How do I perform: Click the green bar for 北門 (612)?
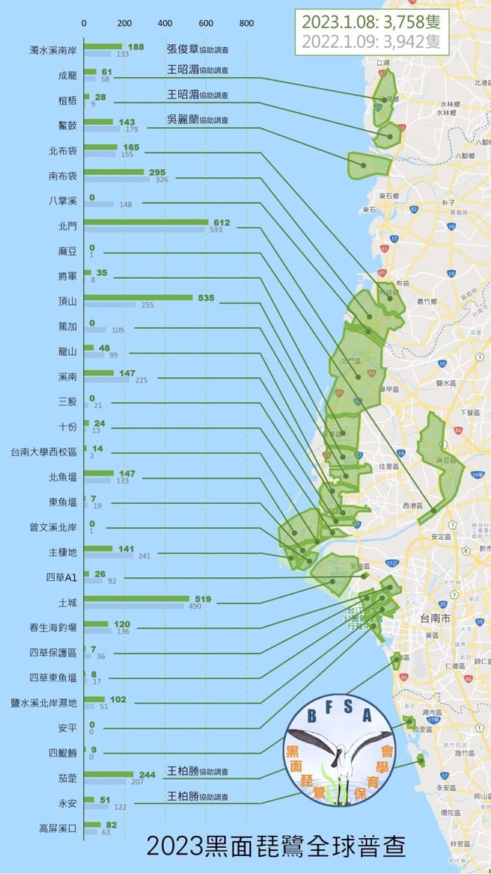[146, 222]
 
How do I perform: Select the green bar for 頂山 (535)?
[138, 298]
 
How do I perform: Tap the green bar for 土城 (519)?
[136, 599]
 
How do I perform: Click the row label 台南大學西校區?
[43, 452]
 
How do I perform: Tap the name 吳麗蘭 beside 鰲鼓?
[182, 120]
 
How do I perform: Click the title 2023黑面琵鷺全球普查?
[276, 847]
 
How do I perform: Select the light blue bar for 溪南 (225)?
[106, 380]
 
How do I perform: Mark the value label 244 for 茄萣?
[147, 775]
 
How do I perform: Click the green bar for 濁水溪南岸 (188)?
[103, 46]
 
